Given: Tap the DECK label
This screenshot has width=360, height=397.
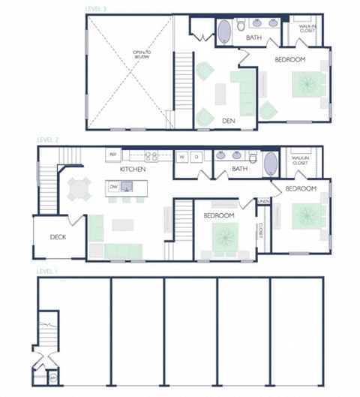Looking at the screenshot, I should click(x=58, y=237).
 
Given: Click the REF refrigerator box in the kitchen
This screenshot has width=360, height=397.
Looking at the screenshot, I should click(x=113, y=155).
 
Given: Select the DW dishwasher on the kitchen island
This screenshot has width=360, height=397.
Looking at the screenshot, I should click(x=113, y=186).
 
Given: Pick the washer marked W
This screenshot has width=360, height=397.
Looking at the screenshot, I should click(x=181, y=157).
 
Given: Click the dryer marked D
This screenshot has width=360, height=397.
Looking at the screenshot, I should click(x=196, y=157).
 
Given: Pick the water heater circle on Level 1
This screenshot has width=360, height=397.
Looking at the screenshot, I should click(x=52, y=379).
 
